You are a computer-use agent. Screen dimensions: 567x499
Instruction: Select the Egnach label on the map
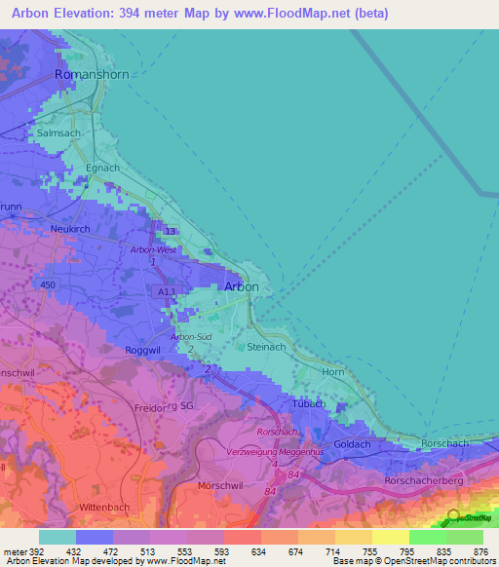click(102, 168)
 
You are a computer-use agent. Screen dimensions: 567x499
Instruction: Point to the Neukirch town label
click(70, 228)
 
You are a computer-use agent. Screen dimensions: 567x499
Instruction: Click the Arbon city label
click(242, 286)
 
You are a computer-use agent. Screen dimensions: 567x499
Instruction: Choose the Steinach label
click(264, 346)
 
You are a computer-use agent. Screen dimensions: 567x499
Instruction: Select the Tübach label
click(308, 403)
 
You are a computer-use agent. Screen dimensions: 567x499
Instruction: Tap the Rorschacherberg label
click(435, 480)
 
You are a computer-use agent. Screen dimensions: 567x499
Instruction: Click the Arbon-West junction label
click(151, 250)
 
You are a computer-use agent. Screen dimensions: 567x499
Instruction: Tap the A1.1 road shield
click(166, 291)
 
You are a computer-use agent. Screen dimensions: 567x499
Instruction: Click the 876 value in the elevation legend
click(480, 551)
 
